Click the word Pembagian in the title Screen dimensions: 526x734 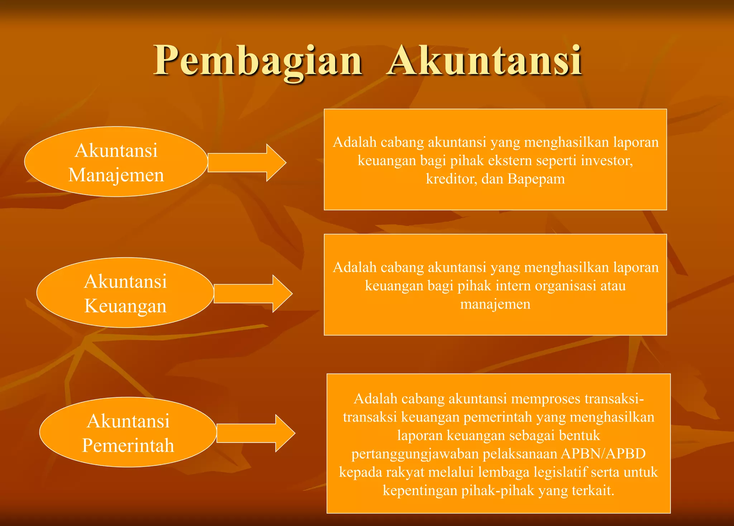tap(258, 61)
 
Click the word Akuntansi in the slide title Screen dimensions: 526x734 tap(484, 61)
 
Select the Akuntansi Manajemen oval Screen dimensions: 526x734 tap(116, 162)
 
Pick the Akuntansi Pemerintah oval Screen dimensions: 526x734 tap(128, 432)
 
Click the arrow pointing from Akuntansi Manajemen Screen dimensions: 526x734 tap(247, 163)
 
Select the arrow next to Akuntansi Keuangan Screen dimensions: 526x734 tap(253, 294)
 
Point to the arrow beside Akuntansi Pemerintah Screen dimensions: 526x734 tap(256, 433)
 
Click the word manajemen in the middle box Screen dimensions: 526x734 tap(495, 304)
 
